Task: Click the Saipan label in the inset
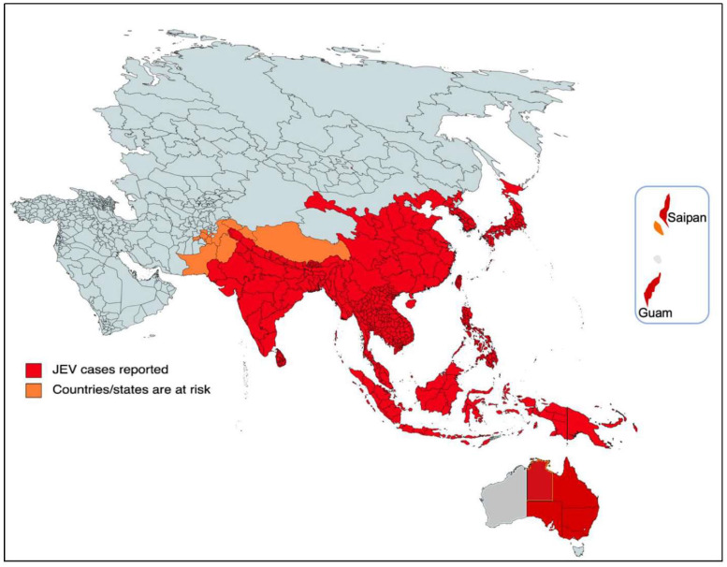[687, 217]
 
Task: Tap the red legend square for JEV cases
[36, 368]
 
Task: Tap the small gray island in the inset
[658, 256]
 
